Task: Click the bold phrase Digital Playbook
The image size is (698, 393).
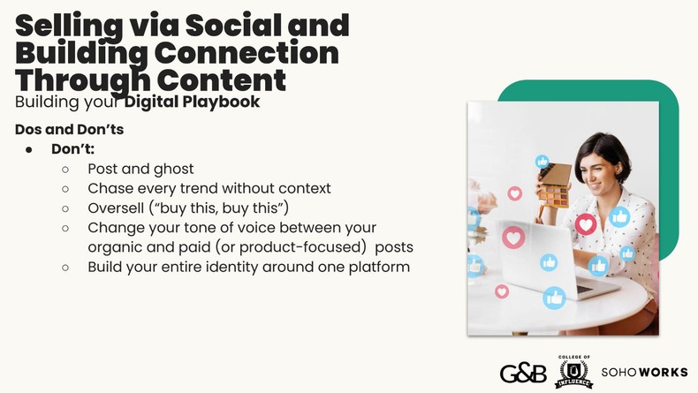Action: (x=192, y=102)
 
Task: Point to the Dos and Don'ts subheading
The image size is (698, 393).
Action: (x=69, y=129)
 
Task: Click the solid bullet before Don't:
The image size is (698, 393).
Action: (x=29, y=149)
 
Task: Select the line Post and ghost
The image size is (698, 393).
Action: (x=140, y=169)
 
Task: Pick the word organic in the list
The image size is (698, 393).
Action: (x=117, y=246)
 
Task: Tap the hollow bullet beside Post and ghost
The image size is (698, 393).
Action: (x=65, y=169)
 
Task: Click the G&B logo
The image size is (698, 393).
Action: (x=521, y=373)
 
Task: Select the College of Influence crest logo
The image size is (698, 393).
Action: (x=573, y=372)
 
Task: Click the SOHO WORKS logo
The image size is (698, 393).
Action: (x=644, y=373)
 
